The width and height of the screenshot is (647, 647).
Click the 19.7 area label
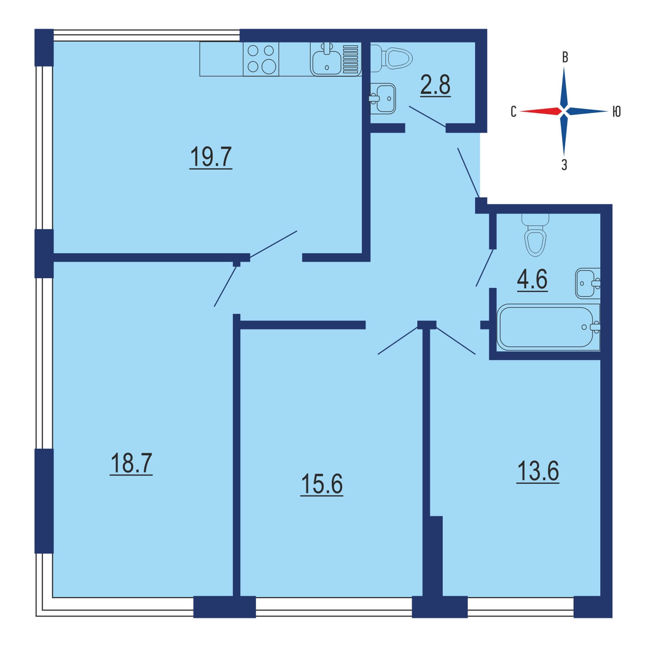[211, 157]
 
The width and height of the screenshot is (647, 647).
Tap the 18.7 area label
[131, 464]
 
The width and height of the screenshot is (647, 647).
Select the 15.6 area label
[322, 484]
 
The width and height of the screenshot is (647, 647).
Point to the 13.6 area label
[537, 471]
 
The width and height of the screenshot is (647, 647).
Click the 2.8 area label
[435, 85]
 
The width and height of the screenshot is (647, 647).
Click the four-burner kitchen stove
[261, 59]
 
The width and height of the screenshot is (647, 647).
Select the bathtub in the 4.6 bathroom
[548, 327]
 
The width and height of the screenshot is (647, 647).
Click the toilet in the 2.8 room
[391, 57]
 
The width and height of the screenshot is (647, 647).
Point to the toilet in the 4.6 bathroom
[535, 235]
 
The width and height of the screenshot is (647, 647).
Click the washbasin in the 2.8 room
[383, 99]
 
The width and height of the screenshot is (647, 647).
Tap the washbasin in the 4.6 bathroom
[587, 283]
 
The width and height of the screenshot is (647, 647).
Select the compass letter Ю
[616, 111]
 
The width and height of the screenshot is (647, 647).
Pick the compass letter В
[565, 57]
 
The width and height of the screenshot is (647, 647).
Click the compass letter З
[564, 165]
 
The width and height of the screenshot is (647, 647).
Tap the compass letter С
[513, 111]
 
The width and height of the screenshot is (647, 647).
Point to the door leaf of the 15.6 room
[398, 341]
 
